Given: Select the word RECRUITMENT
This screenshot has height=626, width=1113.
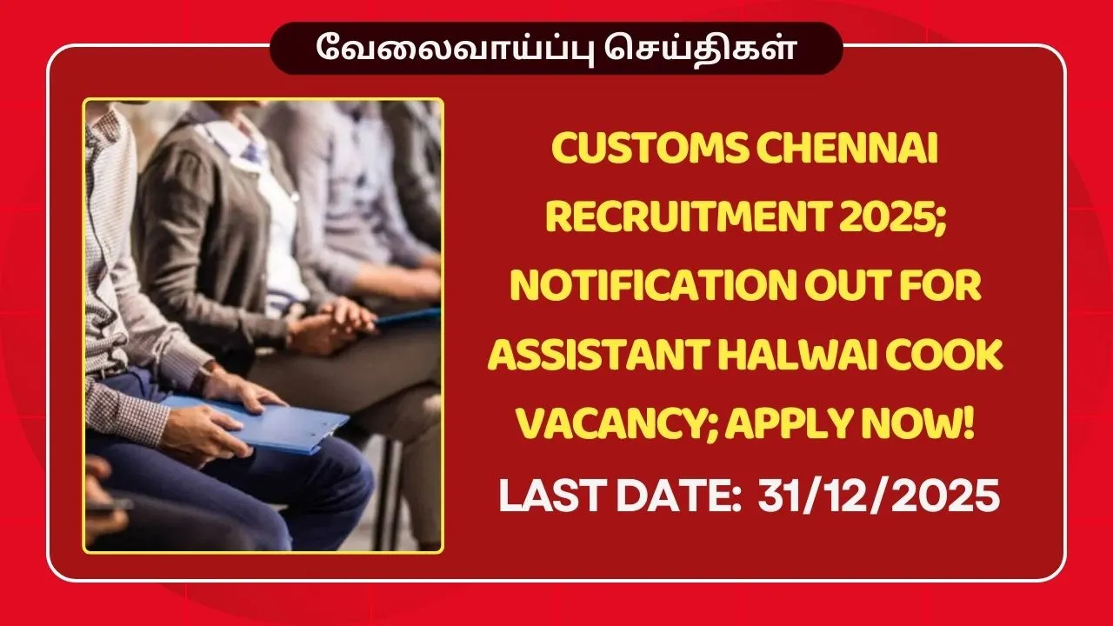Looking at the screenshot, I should [673, 219].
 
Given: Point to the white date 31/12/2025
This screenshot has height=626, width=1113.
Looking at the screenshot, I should [878, 498].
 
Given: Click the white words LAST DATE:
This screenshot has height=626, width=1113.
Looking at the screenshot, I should [619, 498].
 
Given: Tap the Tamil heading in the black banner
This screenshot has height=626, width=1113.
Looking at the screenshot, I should [556, 48].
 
